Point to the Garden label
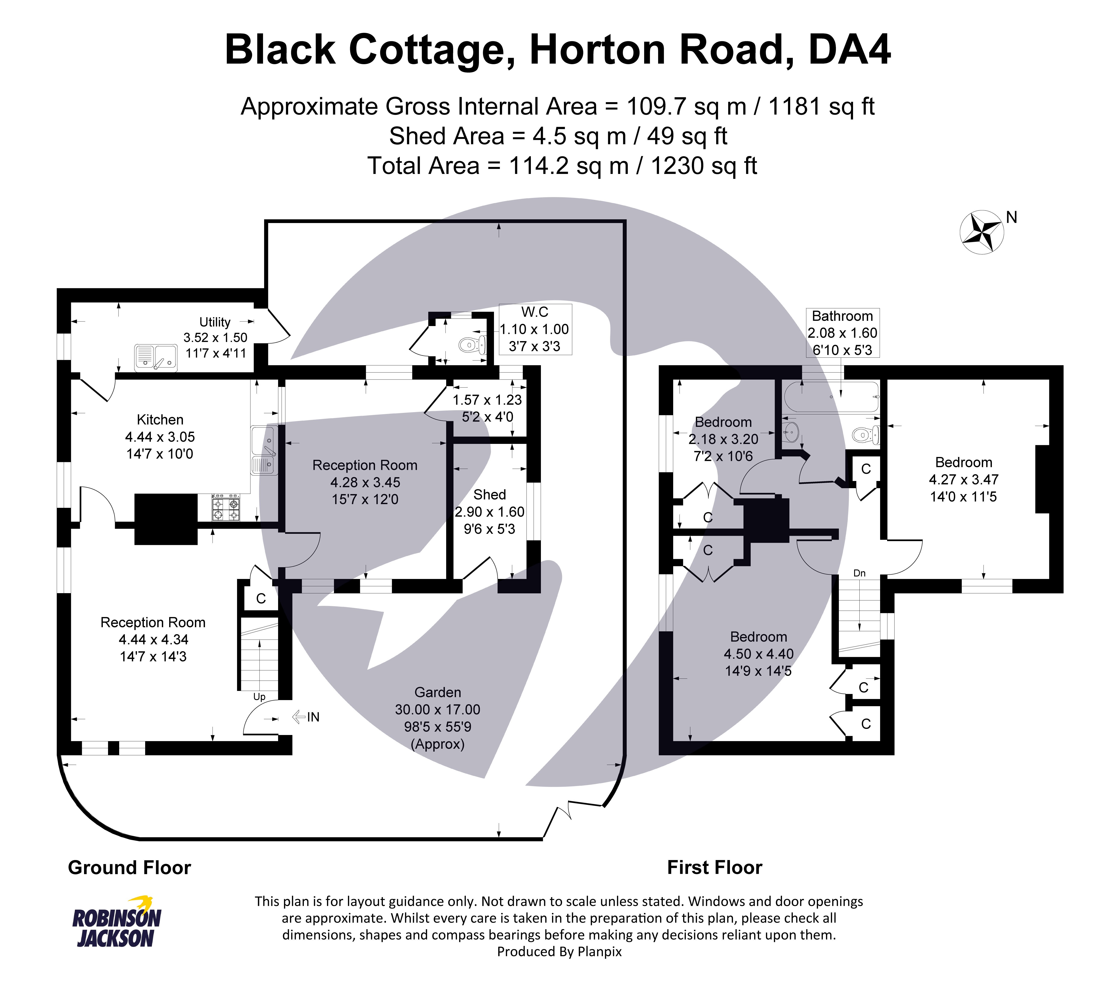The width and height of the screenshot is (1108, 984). point(437,692)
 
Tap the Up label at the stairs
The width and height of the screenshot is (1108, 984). point(259,697)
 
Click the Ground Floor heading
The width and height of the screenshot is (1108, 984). point(130,867)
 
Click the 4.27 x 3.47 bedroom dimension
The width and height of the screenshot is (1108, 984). point(963,479)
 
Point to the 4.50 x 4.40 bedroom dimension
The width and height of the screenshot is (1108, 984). point(758,654)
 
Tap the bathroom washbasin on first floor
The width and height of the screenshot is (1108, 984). point(792,432)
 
